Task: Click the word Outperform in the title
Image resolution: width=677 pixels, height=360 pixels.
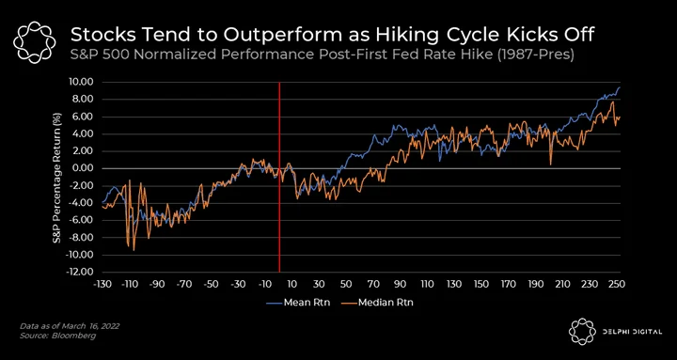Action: click(x=260, y=36)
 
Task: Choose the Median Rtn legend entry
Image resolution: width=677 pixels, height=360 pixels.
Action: click(x=379, y=303)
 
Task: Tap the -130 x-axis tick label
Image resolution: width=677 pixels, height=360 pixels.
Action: click(x=102, y=284)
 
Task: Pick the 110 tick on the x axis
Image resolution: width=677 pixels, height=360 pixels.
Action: click(x=427, y=284)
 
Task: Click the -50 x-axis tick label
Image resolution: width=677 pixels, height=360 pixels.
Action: click(x=211, y=284)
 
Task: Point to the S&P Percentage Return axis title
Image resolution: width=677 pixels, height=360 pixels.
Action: click(x=57, y=178)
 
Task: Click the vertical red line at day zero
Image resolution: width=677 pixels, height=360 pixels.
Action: click(x=279, y=177)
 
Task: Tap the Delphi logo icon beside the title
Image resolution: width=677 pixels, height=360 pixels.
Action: click(x=35, y=42)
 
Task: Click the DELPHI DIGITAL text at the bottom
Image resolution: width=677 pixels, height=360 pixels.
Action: click(x=633, y=332)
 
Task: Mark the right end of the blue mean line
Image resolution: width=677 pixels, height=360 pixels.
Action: click(x=620, y=87)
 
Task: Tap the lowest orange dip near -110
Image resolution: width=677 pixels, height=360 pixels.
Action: click(x=134, y=250)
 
